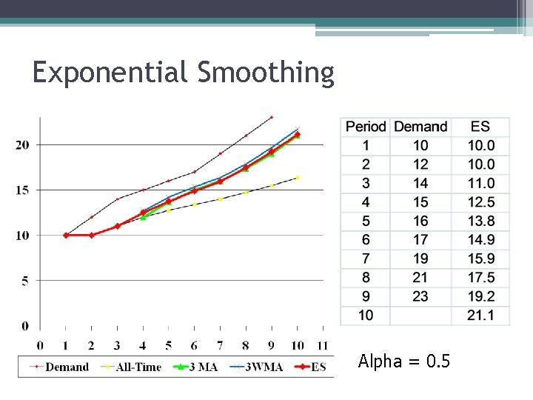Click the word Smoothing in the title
[266, 73]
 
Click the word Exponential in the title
[111, 73]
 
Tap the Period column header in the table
[366, 127]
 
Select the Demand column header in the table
[420, 127]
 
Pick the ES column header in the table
[480, 127]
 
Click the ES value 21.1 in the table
[481, 316]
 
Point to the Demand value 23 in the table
[420, 296]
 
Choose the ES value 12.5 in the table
[481, 202]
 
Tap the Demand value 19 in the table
[420, 259]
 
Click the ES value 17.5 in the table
[481, 278]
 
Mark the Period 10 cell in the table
[366, 316]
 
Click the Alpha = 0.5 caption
[403, 361]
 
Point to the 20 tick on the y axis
[22, 144]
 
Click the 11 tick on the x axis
[321, 345]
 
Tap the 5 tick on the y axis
[25, 281]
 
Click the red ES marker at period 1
[66, 235]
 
